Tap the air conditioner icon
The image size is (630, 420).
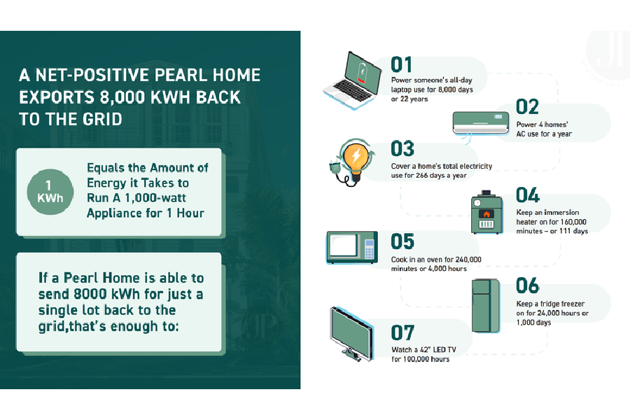482,122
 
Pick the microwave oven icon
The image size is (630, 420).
351,247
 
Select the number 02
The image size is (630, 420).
527,106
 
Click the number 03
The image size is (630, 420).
402,148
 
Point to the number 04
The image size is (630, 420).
527,195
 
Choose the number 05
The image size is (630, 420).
402,241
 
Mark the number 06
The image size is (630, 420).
527,286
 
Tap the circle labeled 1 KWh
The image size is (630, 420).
49,190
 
